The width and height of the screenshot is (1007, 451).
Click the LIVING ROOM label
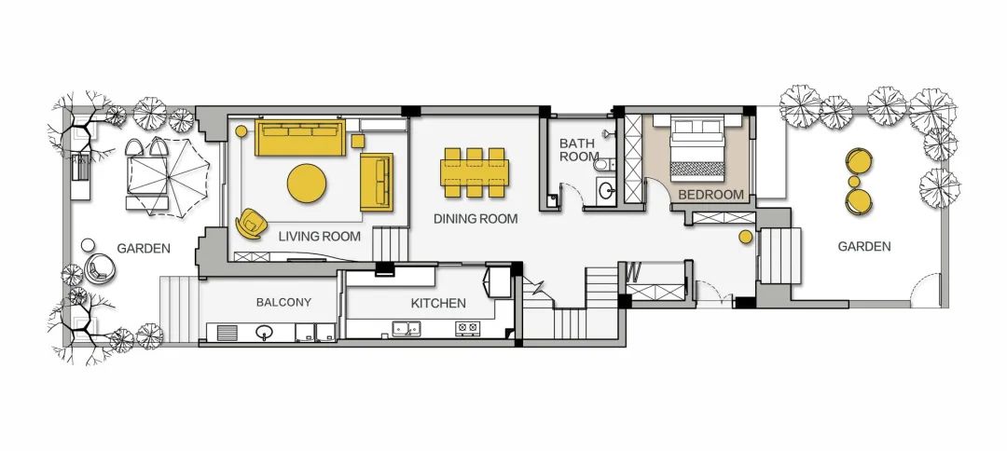click(x=319, y=236)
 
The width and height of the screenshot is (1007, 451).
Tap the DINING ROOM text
click(x=476, y=219)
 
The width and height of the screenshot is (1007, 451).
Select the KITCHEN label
click(x=438, y=303)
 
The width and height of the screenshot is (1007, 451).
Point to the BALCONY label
click(x=283, y=302)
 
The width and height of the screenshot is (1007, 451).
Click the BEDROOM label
click(x=710, y=195)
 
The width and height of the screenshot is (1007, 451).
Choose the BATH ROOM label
click(x=579, y=149)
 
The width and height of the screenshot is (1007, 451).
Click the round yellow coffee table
click(x=307, y=183)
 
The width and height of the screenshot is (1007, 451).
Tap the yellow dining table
click(x=475, y=172)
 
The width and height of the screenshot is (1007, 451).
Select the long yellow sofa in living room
click(x=300, y=137)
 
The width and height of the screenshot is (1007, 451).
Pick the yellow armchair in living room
click(x=251, y=224)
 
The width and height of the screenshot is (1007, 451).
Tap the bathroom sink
click(x=606, y=190)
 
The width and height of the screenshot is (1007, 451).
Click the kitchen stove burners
click(x=467, y=329)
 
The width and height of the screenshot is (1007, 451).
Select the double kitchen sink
click(x=407, y=328)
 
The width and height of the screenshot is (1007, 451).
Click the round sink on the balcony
click(x=264, y=332)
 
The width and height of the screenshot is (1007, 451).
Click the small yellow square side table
click(x=358, y=141)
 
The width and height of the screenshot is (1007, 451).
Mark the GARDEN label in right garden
click(x=863, y=246)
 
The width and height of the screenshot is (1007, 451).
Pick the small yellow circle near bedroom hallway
click(x=745, y=237)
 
